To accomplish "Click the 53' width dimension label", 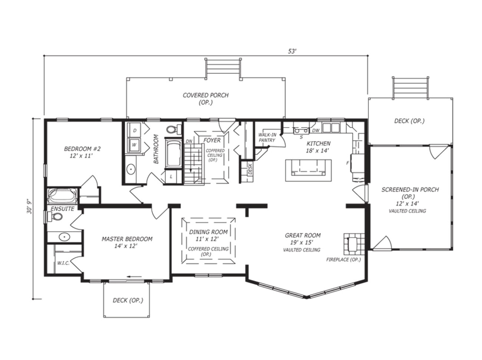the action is (x=292, y=51).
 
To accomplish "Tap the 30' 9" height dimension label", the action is (x=30, y=207).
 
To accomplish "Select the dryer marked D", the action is (x=135, y=131).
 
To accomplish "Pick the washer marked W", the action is (x=134, y=145).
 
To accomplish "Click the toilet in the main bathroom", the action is (x=174, y=129).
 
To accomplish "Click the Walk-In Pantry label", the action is (x=267, y=138).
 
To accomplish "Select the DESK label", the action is (x=250, y=169).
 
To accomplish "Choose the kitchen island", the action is (x=308, y=170).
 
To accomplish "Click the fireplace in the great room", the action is (x=354, y=244).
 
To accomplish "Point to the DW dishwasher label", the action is (x=316, y=131).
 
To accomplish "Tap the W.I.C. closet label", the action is (x=63, y=263).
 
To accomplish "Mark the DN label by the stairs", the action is (x=189, y=141).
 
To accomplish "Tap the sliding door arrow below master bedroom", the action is (x=134, y=277).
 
